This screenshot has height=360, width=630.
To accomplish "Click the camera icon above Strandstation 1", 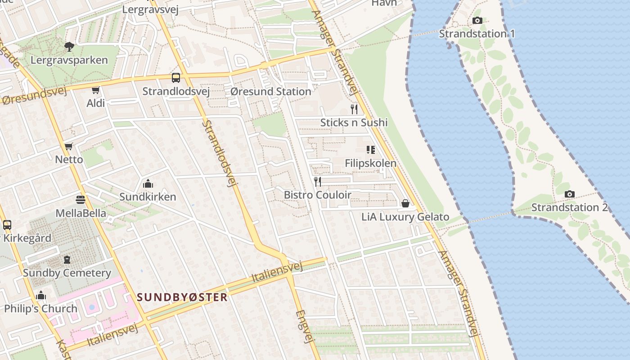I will click(x=477, y=21).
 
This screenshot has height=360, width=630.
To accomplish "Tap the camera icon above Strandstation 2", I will click(x=570, y=194).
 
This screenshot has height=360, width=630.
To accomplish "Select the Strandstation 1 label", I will click(x=477, y=34).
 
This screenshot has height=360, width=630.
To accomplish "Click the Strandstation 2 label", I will click(x=569, y=207).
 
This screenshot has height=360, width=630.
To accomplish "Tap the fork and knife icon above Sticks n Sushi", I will click(x=354, y=109).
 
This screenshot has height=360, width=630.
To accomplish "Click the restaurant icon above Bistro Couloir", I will click(x=318, y=181).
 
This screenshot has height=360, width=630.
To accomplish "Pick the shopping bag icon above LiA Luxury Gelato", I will click(x=405, y=204).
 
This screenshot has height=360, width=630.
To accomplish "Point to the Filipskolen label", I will click(x=371, y=163).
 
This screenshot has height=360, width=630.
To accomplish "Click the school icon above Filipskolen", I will click(x=371, y=149).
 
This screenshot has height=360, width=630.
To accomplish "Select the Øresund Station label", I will click(x=270, y=91).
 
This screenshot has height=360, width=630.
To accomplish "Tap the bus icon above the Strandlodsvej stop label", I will click(x=176, y=78).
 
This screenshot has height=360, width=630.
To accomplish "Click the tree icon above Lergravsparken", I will click(x=69, y=46).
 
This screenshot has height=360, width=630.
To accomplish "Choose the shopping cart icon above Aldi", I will click(x=95, y=90).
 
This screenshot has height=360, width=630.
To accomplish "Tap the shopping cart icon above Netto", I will click(x=68, y=146).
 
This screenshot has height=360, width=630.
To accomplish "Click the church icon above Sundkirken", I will click(x=148, y=184).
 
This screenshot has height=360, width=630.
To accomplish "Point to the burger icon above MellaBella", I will click(x=81, y=199).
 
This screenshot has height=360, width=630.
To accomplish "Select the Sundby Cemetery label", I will click(x=67, y=273).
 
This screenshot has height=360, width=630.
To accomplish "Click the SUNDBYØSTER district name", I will click(x=182, y=297).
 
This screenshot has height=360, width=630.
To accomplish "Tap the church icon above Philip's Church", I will click(x=41, y=296).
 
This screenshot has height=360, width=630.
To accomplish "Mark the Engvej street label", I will click(x=304, y=327).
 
